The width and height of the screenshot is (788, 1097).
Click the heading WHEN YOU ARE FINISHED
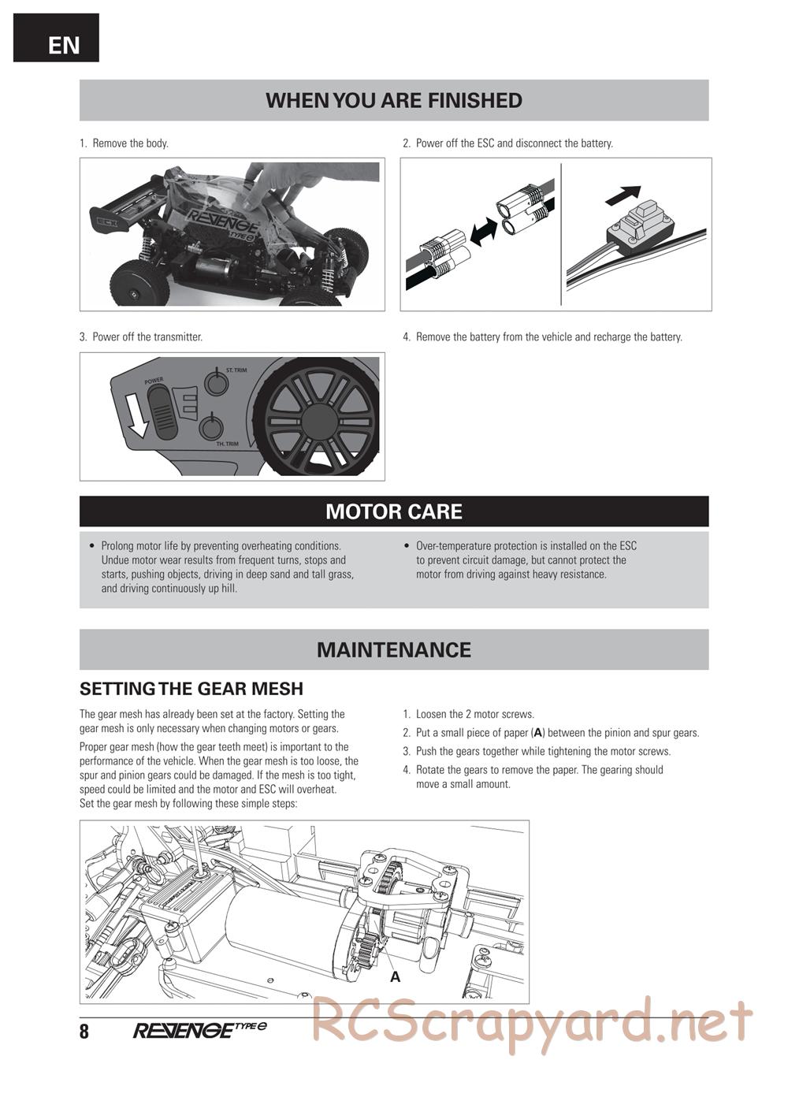(x=393, y=101)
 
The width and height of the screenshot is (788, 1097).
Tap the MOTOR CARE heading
(x=393, y=511)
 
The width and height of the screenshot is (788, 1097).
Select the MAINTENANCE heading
(x=393, y=649)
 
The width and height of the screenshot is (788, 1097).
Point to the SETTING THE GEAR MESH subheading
(x=191, y=689)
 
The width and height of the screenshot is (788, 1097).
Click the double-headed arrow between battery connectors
(x=482, y=230)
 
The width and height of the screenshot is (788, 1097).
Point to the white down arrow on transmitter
(x=138, y=416)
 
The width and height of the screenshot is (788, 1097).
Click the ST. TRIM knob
(x=216, y=383)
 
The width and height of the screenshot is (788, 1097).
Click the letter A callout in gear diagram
(x=396, y=977)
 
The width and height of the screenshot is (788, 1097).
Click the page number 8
(x=84, y=1032)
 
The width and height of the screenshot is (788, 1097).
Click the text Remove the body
(x=130, y=143)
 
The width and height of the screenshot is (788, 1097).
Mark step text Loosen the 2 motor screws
(x=474, y=714)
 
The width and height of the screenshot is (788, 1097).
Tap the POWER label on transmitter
(x=154, y=381)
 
